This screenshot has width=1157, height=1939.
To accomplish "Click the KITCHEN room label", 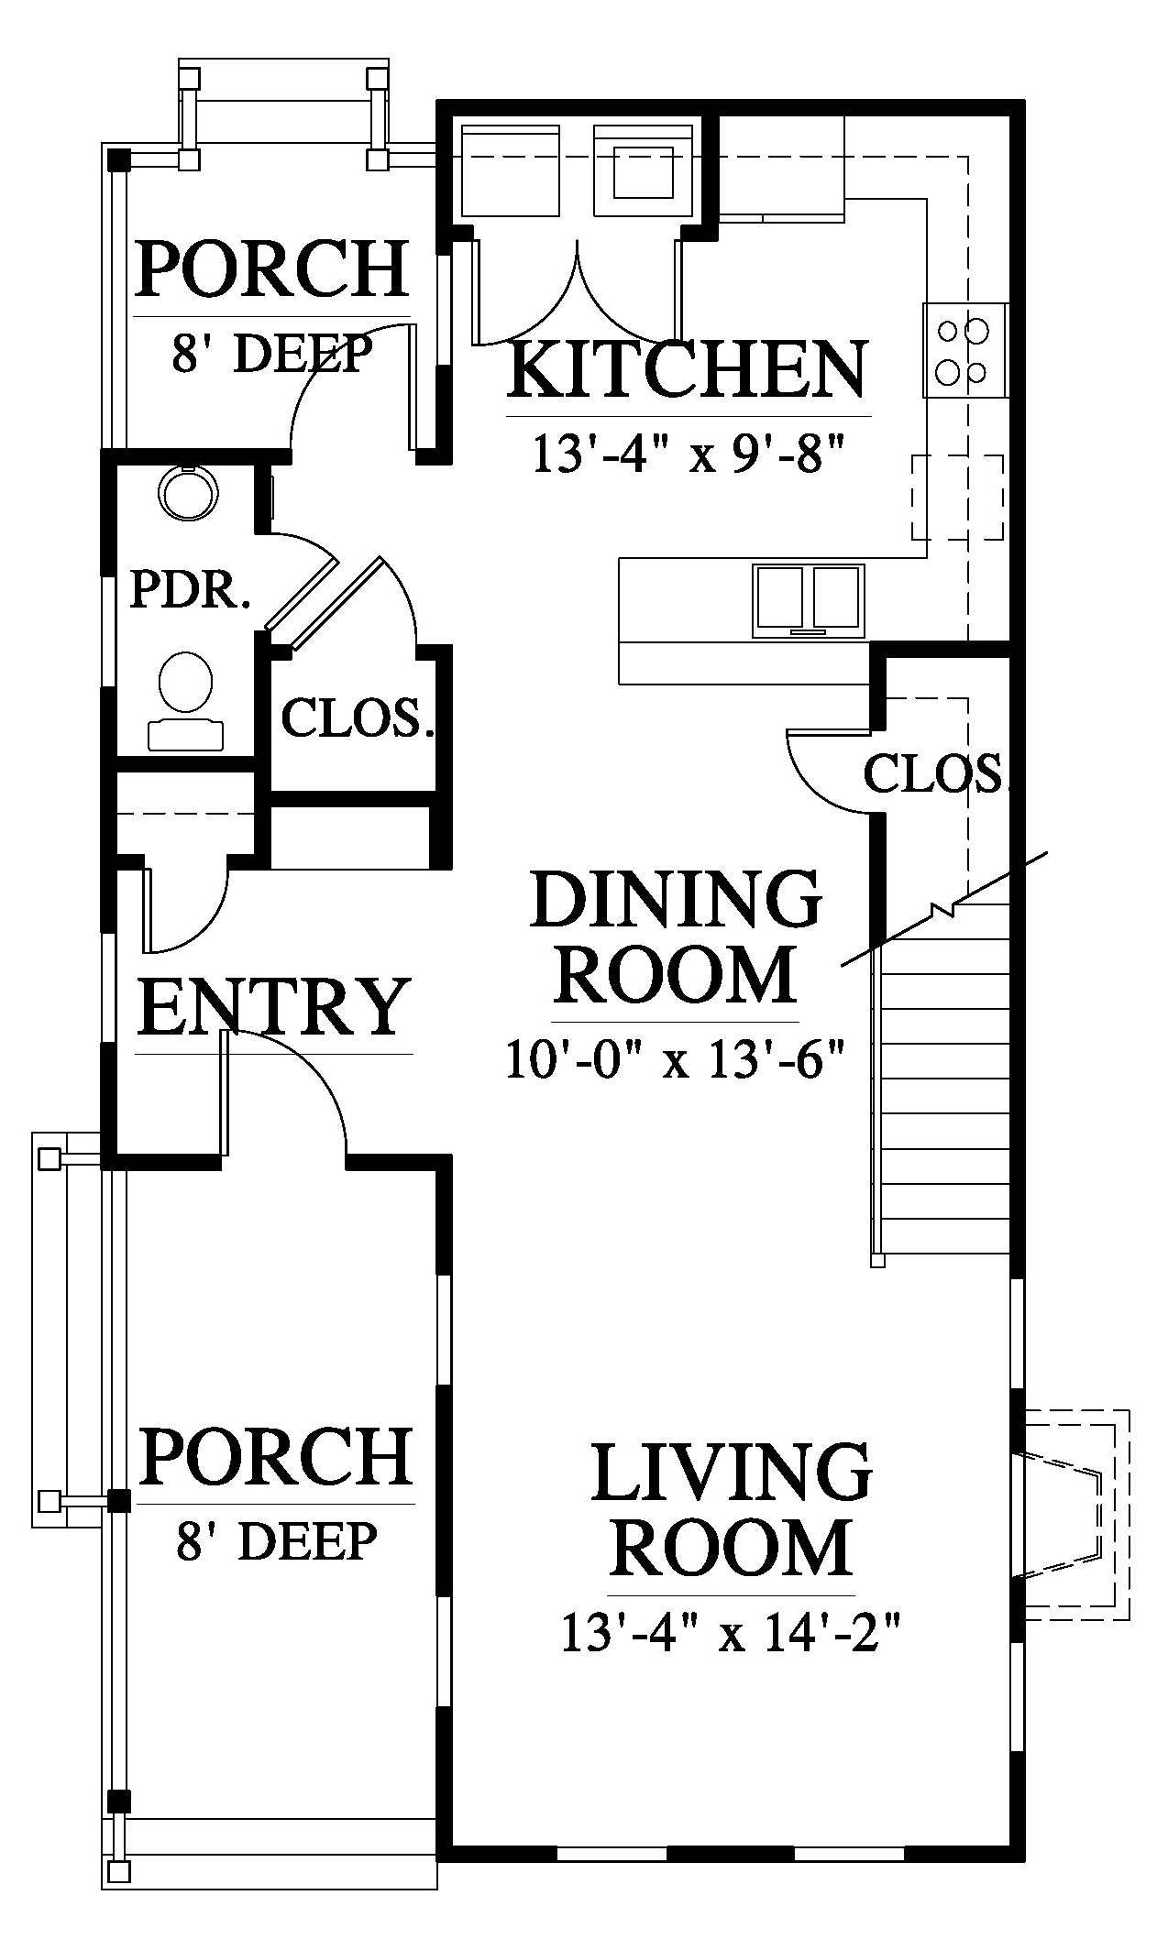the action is pos(687,369).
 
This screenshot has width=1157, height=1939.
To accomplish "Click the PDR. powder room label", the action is pos(190,589).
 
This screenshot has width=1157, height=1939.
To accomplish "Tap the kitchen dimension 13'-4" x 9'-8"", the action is pos(688,454).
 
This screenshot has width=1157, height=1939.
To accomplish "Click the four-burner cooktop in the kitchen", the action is pos(965,350).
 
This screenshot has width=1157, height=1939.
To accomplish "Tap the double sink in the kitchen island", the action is pos(808,601).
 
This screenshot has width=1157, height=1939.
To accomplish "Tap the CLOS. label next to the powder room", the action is pos(357,718).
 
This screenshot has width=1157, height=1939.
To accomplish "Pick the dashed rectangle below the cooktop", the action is pos(957,498).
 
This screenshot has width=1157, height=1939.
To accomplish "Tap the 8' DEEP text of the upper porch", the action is pos(272,354).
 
